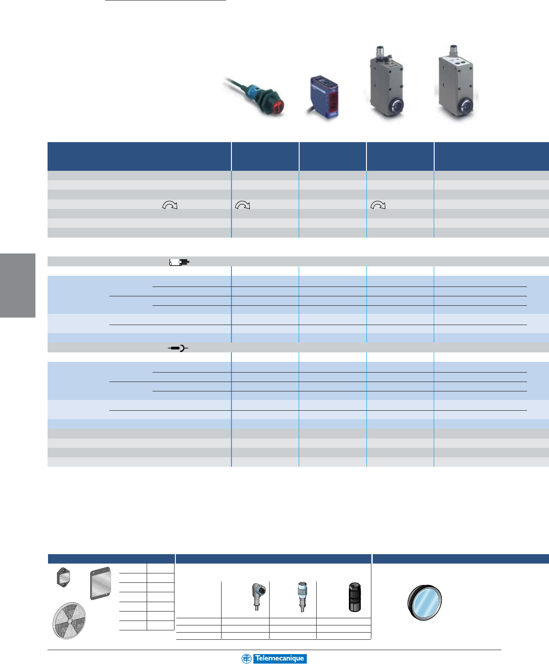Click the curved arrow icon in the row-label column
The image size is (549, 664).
click(x=170, y=205)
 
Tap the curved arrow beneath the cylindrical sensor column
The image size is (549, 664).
click(x=242, y=205)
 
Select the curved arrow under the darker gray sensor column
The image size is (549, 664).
click(x=378, y=205)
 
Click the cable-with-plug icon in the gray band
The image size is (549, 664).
click(x=179, y=262)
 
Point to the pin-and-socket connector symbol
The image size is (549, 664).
click(x=178, y=348)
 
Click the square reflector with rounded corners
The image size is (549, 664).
click(x=100, y=583)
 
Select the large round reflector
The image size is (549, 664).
click(x=69, y=621)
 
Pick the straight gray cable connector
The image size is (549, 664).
click(x=301, y=596)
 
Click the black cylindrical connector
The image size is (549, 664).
click(x=354, y=597)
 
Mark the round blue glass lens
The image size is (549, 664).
click(x=425, y=603)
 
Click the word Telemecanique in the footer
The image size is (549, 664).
click(x=279, y=659)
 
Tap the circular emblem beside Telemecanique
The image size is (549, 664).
click(x=246, y=659)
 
